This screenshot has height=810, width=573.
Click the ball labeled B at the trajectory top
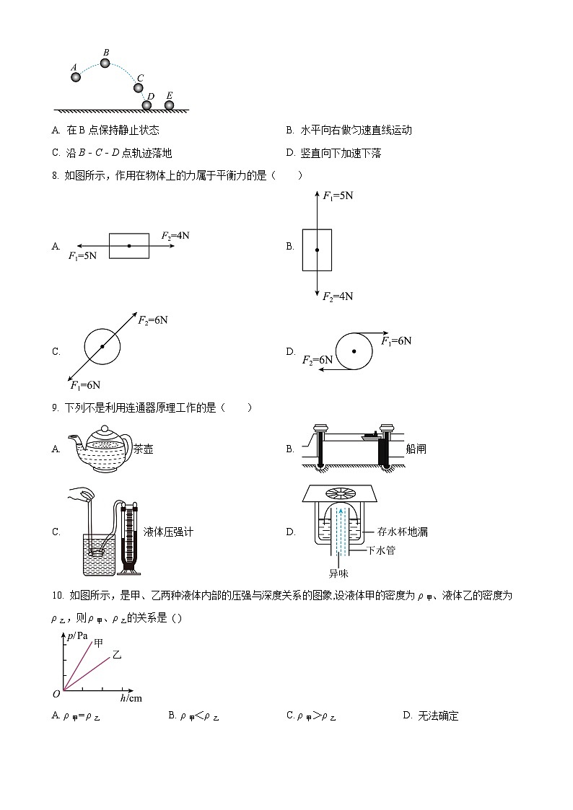(105, 63)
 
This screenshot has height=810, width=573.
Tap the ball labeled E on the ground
(169, 105)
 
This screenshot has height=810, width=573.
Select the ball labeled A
(75, 76)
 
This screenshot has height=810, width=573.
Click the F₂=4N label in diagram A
(175, 236)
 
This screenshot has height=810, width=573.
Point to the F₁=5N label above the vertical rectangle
(338, 195)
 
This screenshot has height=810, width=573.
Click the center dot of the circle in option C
(102, 347)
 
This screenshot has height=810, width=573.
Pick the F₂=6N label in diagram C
(152, 320)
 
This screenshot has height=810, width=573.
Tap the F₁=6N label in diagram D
(396, 340)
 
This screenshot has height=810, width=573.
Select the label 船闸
(416, 449)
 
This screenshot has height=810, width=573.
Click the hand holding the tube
(81, 494)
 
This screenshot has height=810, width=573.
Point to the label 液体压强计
(169, 532)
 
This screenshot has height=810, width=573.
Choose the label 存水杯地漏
(403, 532)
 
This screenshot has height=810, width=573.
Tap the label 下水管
(381, 550)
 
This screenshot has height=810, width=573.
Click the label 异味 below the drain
(338, 574)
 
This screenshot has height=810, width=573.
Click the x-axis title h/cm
(131, 698)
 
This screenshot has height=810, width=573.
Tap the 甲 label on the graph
(99, 642)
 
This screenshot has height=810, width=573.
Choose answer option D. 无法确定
(431, 716)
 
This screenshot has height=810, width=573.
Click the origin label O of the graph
(56, 694)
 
